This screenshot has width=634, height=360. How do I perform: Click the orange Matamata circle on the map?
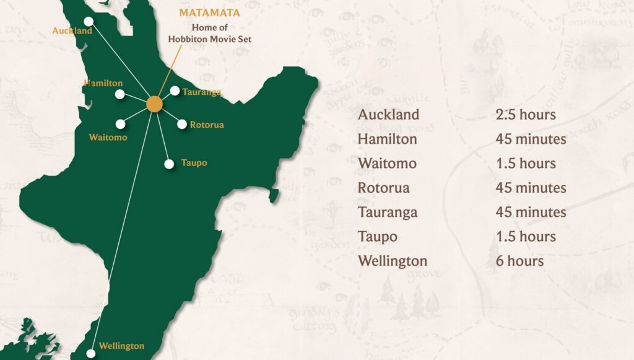coord(154,104)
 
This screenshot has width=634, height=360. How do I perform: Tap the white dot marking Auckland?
coord(89,21)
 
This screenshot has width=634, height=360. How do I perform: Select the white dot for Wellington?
coord(91,353)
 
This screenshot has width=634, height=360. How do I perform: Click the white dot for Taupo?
coord(169,164)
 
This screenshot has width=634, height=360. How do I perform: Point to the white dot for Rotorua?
coord(182,124)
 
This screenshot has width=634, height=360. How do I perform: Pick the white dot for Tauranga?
coord(175,91)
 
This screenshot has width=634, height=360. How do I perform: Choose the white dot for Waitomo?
coord(120,124)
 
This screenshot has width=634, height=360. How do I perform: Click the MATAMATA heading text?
coord(209,12)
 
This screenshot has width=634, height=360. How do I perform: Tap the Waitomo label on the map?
coord(108,137)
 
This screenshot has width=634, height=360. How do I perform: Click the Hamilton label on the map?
coord(103,82)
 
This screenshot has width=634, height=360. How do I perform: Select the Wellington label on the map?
coord(121,346)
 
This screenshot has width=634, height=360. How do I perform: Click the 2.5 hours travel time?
coord(525,115)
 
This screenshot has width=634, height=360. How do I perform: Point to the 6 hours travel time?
coord(519,261)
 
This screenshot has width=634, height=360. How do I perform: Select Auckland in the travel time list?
coord(388,115)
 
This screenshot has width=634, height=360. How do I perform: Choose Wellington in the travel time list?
coord(393,261)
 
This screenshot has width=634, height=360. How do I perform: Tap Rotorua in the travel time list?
coord(383,188)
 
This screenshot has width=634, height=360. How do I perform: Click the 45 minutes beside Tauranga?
coord(531,212)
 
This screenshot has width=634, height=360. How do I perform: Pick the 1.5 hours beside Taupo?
coord(525,237)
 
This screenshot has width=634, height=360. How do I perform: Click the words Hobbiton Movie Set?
coord(210,38)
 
